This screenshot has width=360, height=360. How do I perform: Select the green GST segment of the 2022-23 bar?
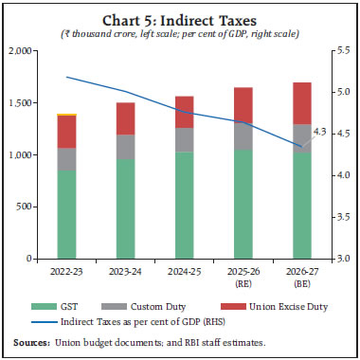tap(66, 213)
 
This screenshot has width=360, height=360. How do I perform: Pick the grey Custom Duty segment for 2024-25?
tap(184, 139)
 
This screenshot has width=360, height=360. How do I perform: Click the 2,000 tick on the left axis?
tap(21, 51)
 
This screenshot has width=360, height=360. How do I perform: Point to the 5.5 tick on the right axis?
tap(345, 51)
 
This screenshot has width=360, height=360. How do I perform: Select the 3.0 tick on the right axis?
tap(345, 258)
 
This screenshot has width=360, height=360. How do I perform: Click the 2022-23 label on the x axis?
tap(66, 270)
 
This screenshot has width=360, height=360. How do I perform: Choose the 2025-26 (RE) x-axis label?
tap(243, 275)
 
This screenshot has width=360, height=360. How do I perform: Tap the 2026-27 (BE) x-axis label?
tap(301, 275)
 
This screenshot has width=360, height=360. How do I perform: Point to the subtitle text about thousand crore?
tap(180, 33)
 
